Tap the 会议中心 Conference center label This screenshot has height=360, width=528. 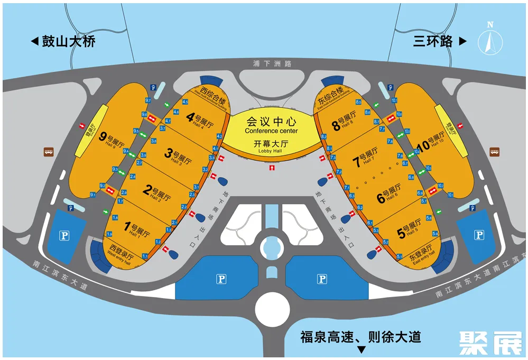271,125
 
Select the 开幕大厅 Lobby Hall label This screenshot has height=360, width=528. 271,146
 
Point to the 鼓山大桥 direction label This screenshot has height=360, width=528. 63,42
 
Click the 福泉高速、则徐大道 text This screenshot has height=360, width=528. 361,336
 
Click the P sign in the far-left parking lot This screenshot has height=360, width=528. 64,236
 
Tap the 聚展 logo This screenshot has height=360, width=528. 490,343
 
